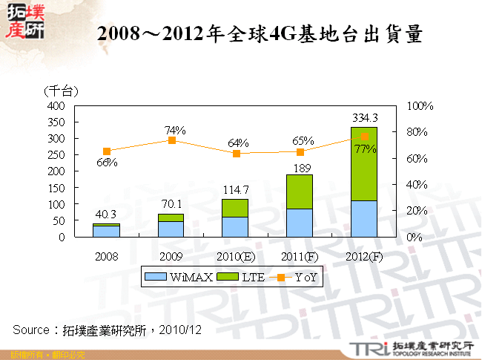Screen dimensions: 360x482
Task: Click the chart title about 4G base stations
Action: [260, 34]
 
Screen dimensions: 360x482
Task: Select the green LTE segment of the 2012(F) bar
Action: [364, 164]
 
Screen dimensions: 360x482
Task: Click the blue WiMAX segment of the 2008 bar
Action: [107, 232]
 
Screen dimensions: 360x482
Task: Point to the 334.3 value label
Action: [365, 117]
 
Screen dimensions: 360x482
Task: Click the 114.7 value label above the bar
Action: [235, 190]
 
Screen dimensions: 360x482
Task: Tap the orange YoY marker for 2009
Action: [171, 140]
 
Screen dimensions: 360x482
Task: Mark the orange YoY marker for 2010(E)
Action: [236, 154]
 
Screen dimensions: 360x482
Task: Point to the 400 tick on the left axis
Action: [56, 106]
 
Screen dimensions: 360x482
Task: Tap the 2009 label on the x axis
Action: [171, 256]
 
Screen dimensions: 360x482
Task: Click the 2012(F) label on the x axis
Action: [364, 256]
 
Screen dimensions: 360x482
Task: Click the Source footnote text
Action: [108, 328]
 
